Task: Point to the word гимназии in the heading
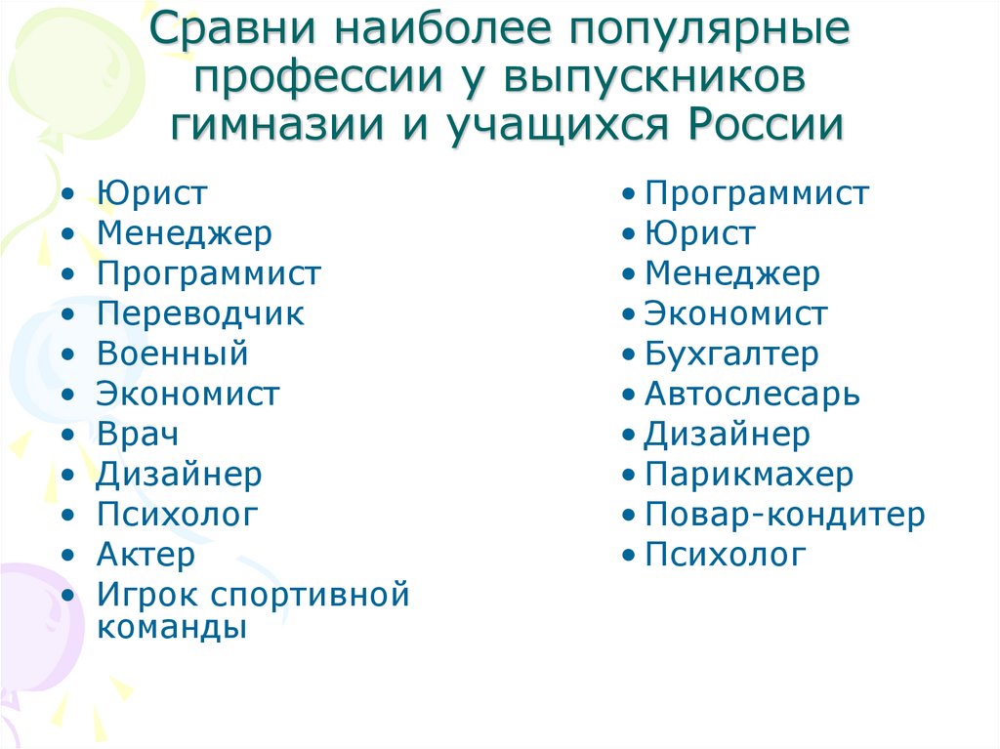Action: pyautogui.click(x=277, y=124)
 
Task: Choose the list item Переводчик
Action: pyautogui.click(x=200, y=314)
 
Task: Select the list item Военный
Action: pyautogui.click(x=172, y=354)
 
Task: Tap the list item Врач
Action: pyautogui.click(x=138, y=435)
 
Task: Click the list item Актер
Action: pyautogui.click(x=146, y=555)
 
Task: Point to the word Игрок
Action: pyautogui.click(x=147, y=596)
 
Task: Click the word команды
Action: pyautogui.click(x=172, y=627)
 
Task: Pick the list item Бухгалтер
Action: pyautogui.click(x=731, y=354)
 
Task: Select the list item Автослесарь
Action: pyautogui.click(x=752, y=395)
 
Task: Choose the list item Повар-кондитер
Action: pyautogui.click(x=784, y=516)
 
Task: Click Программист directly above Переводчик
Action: pyautogui.click(x=209, y=274)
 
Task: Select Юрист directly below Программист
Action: pyautogui.click(x=699, y=234)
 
